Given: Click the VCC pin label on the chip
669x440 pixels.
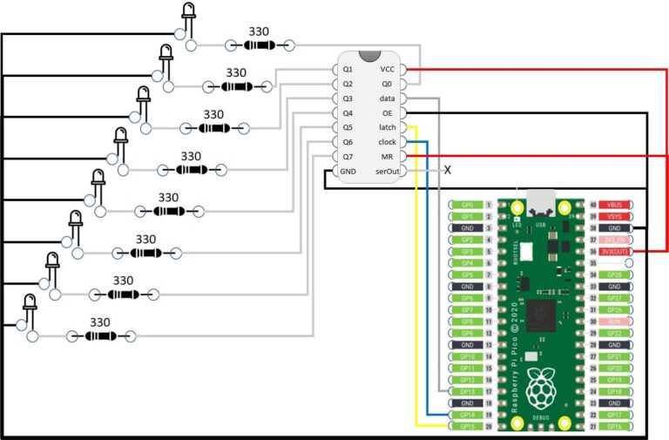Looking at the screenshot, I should click(387, 69).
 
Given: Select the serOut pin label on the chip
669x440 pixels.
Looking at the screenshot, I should click(387, 171).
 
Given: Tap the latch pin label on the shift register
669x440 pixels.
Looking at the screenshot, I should click(387, 127).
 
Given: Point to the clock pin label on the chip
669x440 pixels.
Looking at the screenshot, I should click(387, 142).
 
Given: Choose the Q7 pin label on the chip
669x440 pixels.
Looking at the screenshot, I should click(348, 156).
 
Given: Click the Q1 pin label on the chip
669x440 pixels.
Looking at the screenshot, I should click(348, 69).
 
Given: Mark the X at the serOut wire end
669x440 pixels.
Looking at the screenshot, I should click(448, 170).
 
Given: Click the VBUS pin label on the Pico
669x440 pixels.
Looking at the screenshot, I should click(614, 205).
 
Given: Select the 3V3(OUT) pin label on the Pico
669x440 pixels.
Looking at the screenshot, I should click(614, 251).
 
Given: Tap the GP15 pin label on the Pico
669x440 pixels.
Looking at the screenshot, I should click(466, 427).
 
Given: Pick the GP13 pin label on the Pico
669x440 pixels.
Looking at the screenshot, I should click(466, 391).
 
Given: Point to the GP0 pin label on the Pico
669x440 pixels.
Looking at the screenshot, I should click(466, 205).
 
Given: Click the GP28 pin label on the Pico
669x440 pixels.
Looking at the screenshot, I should click(614, 274).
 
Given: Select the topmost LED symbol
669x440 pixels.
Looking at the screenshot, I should click(188, 12).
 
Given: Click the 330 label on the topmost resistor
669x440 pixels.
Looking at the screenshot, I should click(258, 31).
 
